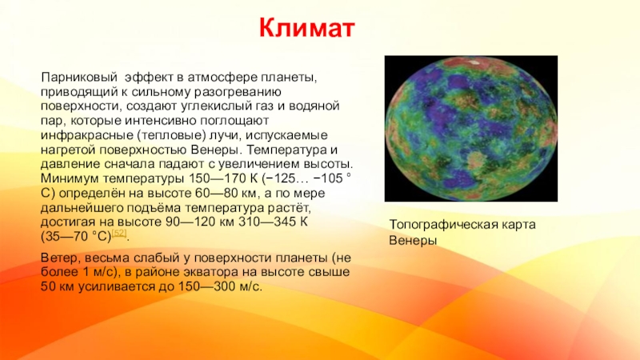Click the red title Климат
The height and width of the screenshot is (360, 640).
[306, 28]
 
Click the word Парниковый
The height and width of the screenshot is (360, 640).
[78, 78]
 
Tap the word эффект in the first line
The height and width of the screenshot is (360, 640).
[149, 78]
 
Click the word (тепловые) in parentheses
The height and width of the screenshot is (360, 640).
[171, 135]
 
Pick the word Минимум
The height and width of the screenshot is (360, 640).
[70, 178]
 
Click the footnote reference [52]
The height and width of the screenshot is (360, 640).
[118, 233]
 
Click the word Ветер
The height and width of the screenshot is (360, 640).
[62, 258]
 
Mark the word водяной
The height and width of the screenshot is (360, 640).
[314, 106]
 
